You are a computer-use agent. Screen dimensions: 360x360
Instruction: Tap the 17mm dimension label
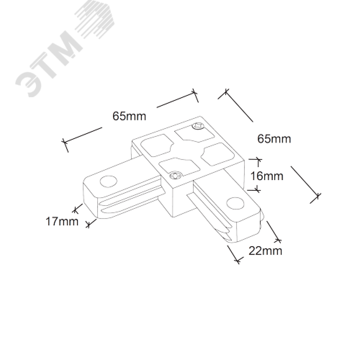click(62, 221)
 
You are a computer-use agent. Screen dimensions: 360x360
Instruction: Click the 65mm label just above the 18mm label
click(274, 139)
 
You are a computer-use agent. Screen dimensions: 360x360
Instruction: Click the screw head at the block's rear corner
click(198, 126)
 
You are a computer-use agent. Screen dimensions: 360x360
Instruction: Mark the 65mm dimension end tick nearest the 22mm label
click(316, 196)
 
